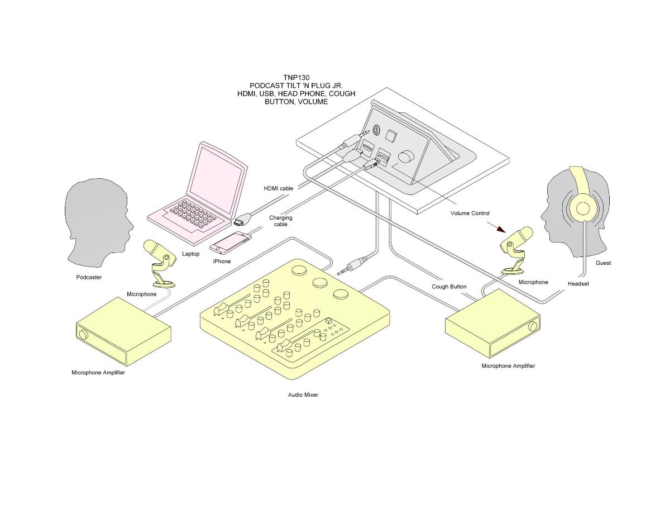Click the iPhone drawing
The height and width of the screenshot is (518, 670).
231,243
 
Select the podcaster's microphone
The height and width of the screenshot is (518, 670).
160,263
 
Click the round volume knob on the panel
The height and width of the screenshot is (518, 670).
406,156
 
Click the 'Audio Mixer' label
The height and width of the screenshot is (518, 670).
303,395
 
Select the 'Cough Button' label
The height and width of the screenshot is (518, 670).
448,287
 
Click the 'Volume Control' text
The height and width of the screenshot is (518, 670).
470,213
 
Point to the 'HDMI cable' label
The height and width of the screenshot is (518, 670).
278,188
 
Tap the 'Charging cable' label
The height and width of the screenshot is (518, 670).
280,221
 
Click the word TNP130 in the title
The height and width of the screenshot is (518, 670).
296,78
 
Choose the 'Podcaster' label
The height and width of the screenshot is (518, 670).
89,277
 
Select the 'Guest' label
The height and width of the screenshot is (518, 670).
603,263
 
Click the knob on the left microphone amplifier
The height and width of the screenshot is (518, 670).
83,335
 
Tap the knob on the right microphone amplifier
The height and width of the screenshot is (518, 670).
533,326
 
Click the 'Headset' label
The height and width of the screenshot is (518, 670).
578,283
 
